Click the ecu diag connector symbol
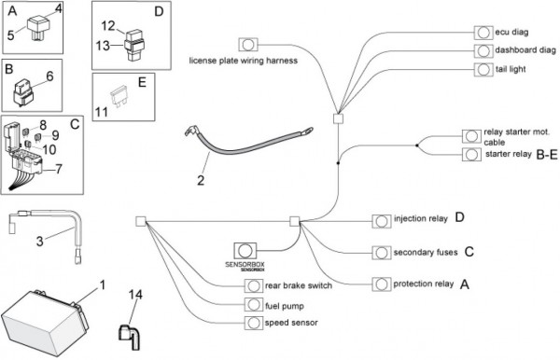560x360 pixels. pyautogui.click(x=483, y=33)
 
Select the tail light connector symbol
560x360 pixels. pyautogui.click(x=483, y=69)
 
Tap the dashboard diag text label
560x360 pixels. pyautogui.click(x=525, y=50)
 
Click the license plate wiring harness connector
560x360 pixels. pyautogui.click(x=248, y=45)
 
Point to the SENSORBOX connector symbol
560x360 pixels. pyautogui.click(x=245, y=251)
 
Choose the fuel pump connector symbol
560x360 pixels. pyautogui.click(x=254, y=305)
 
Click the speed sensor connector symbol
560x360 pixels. pyautogui.click(x=254, y=323)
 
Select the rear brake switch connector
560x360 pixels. pyautogui.click(x=254, y=285)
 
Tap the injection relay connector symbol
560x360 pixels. pyautogui.click(x=382, y=221)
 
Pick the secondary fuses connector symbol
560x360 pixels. pyautogui.click(x=382, y=253)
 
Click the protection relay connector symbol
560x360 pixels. pyautogui.click(x=382, y=284)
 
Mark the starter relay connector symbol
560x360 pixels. pyautogui.click(x=471, y=155)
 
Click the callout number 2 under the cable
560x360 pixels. pyautogui.click(x=201, y=180)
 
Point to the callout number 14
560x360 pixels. pyautogui.click(x=135, y=295)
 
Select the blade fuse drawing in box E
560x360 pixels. pyautogui.click(x=119, y=96)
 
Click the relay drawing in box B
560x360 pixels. pyautogui.click(x=23, y=92)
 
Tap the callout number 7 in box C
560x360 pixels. pyautogui.click(x=59, y=169)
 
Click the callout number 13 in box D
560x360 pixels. pyautogui.click(x=103, y=46)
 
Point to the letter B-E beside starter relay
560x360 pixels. pyautogui.click(x=547, y=155)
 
